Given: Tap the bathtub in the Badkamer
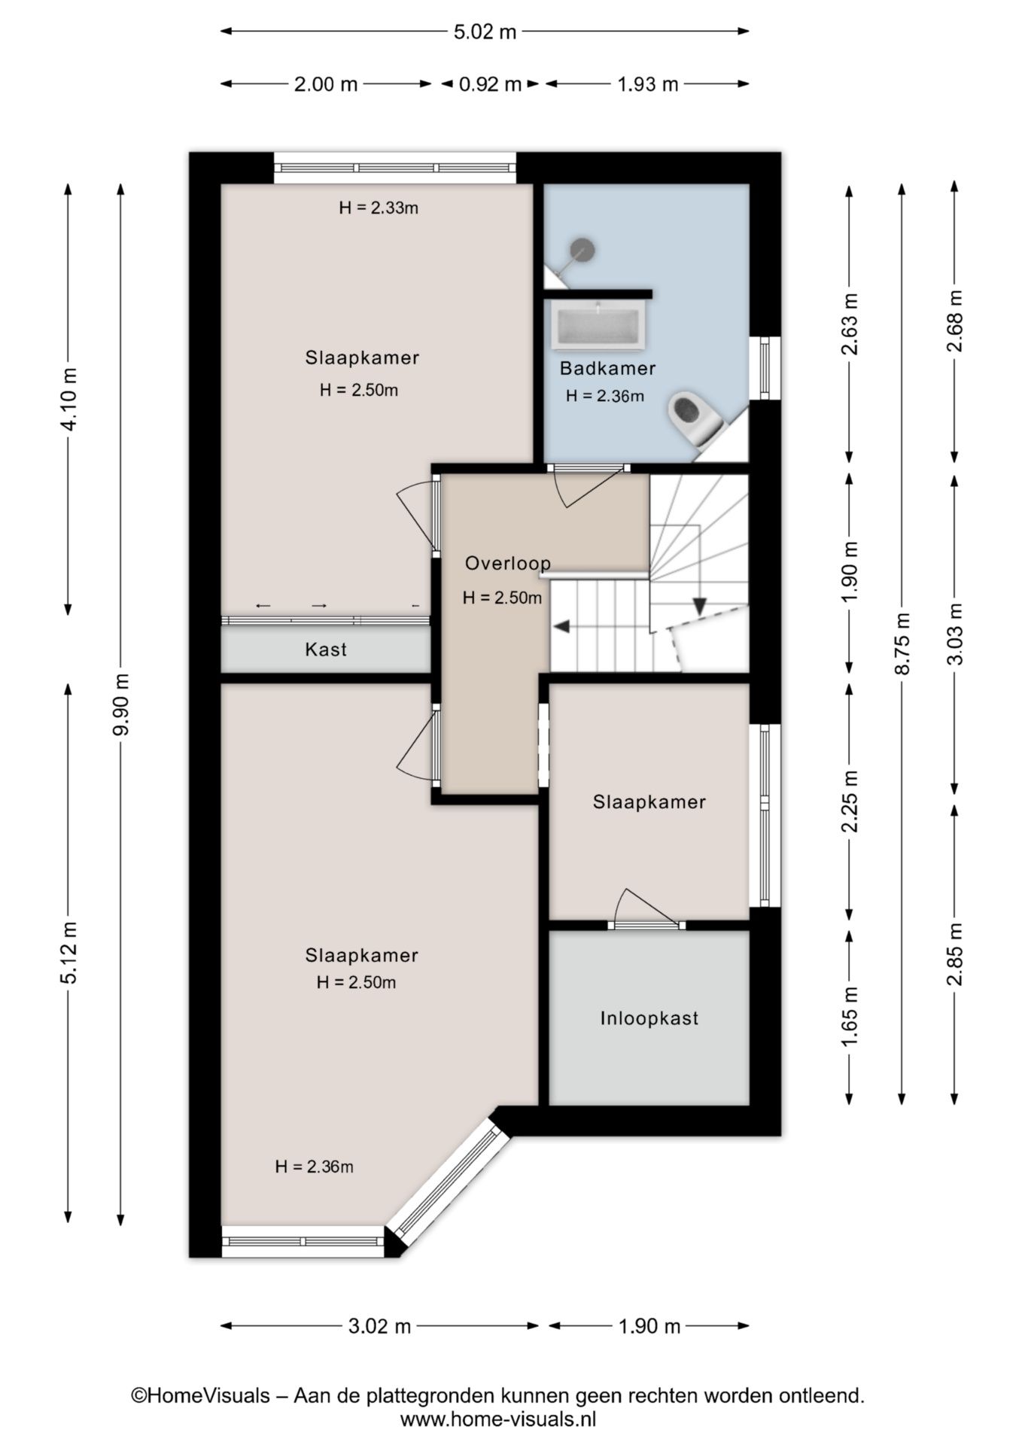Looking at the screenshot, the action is [x=598, y=326].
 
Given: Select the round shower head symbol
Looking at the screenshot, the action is [x=582, y=248].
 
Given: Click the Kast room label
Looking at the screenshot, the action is [x=325, y=649].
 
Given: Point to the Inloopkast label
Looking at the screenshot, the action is [x=649, y=1018].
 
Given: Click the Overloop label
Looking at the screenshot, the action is [x=508, y=563].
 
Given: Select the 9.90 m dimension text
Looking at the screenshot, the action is [x=121, y=704].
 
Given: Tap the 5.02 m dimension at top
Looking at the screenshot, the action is [x=485, y=32].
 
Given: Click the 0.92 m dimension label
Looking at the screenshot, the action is [x=490, y=84].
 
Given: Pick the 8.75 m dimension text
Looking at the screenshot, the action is [x=902, y=643].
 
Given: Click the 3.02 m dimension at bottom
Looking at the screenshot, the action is [x=379, y=1325].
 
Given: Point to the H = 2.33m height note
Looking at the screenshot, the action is [x=378, y=208].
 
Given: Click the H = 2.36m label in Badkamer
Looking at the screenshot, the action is [x=605, y=396].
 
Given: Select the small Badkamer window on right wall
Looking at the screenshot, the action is [x=765, y=368].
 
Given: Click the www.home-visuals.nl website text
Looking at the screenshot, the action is [x=497, y=1419].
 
